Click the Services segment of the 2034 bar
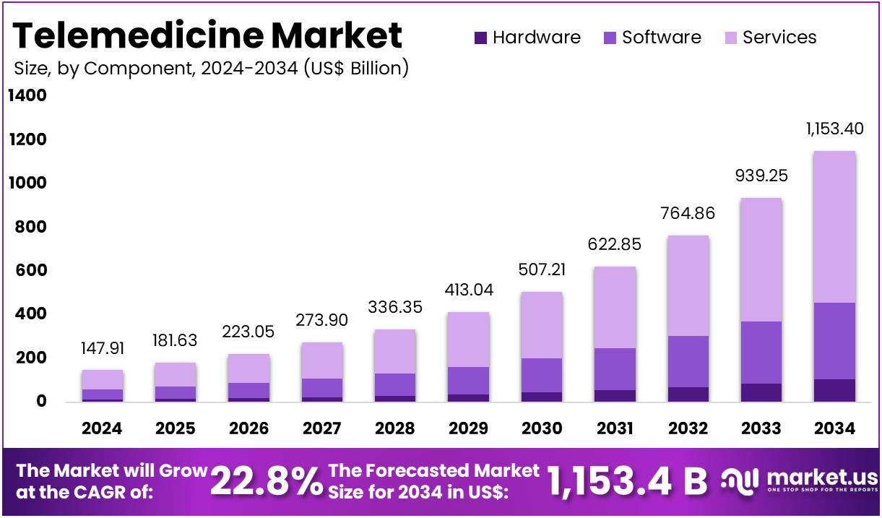834,227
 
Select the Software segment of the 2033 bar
761,353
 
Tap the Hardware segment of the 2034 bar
834,390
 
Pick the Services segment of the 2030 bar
542,325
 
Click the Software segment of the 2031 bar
615,369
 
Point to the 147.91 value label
103,348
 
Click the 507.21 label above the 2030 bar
542,270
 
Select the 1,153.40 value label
834,129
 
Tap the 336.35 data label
395,308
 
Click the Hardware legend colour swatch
481,38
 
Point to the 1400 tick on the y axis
27,95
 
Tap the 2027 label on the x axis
321,428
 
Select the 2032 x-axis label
688,428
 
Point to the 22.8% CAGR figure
266,481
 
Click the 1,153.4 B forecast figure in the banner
627,481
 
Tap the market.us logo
800,480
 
